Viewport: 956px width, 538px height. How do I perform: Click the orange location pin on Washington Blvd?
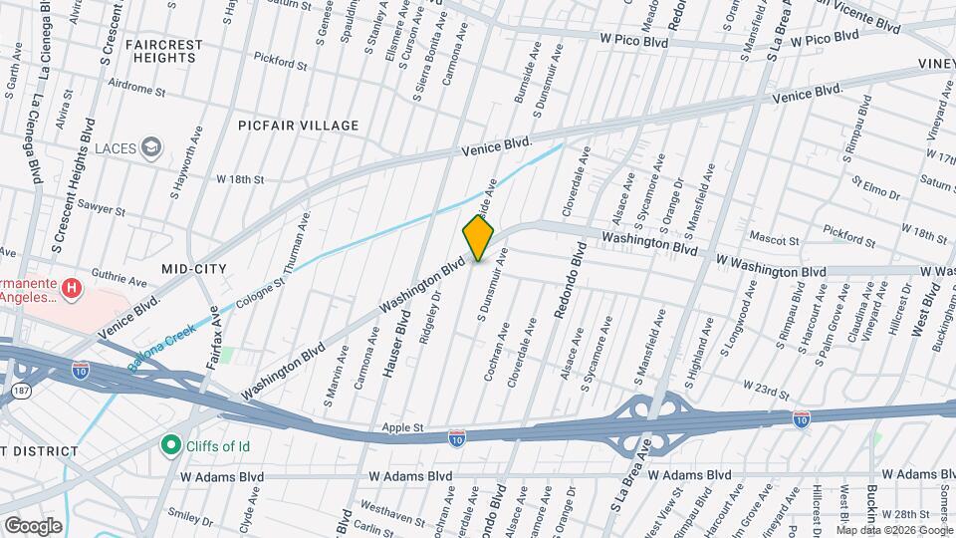(478, 238)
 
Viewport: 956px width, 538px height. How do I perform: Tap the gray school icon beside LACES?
(150, 148)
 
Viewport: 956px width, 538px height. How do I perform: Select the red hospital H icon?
(72, 289)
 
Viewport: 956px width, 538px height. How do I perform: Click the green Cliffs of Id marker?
(170, 445)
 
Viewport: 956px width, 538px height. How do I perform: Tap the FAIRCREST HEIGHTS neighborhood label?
(164, 52)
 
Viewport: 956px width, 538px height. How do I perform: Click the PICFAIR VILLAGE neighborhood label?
(298, 126)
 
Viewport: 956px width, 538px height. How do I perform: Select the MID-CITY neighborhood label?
(194, 269)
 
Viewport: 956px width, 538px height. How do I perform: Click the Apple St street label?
(404, 428)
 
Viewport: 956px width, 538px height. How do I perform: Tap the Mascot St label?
(775, 240)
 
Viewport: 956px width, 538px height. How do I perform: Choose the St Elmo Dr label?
(875, 184)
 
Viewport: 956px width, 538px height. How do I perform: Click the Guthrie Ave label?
(119, 280)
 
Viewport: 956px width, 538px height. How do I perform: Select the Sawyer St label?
(103, 211)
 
